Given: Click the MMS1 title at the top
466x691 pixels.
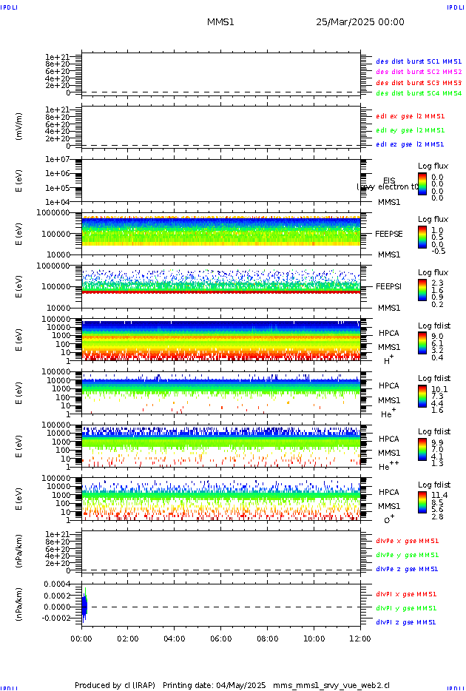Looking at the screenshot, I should pyautogui.click(x=220, y=22).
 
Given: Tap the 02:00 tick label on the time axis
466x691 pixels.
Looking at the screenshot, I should pyautogui.click(x=128, y=638).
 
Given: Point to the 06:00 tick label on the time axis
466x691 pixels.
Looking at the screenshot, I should pyautogui.click(x=221, y=638).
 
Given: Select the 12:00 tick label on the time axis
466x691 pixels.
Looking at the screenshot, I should pyautogui.click(x=360, y=638).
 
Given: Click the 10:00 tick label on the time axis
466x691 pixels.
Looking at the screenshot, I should pyautogui.click(x=314, y=638).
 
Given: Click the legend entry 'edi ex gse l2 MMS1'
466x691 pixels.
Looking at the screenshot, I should pyautogui.click(x=411, y=116).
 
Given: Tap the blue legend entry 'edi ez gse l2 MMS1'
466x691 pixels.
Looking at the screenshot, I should pyautogui.click(x=411, y=144).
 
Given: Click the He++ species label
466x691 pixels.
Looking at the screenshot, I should pyautogui.click(x=389, y=466).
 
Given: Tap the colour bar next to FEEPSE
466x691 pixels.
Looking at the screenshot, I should pyautogui.click(x=422, y=237).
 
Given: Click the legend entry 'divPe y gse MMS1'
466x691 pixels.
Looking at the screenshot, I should pyautogui.click(x=407, y=555).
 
